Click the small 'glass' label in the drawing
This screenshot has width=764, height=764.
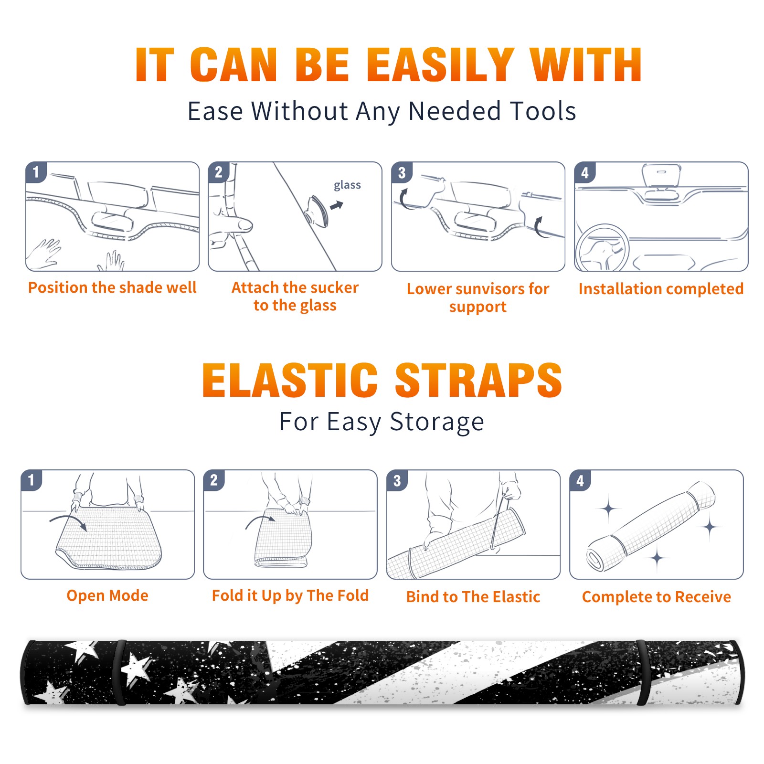347,185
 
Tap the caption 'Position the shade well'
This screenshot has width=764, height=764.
112,287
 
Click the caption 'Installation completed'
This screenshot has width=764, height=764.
661,288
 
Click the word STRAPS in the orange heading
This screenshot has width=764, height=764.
478,380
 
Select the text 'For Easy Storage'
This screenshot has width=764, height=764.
382,422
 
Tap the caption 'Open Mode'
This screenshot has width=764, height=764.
107,595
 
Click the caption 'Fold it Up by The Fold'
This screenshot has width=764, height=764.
290,595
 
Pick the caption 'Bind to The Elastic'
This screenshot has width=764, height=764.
473,596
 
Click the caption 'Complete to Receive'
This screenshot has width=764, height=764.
657,596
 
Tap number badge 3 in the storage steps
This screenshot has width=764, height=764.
397,481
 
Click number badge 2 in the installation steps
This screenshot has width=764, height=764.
219,172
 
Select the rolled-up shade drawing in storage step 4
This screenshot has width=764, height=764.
651,527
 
